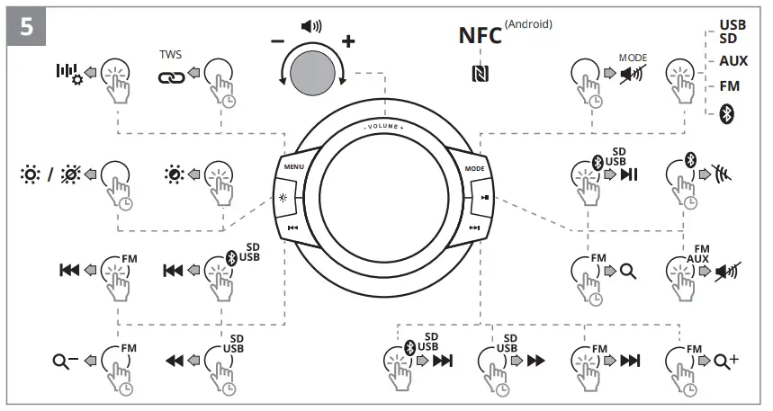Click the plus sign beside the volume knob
point(348,41)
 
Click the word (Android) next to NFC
point(528,24)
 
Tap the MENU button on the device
point(294,168)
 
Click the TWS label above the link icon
point(170,54)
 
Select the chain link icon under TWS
point(170,77)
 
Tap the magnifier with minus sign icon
point(63,362)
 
